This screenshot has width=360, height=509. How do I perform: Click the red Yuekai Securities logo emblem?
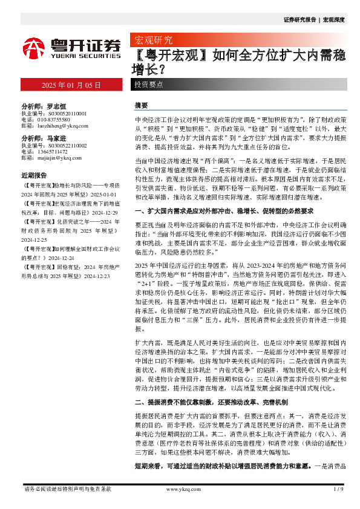pyautogui.click(x=34, y=47)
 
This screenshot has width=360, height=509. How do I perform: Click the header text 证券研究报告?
pyautogui.click(x=300, y=20)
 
